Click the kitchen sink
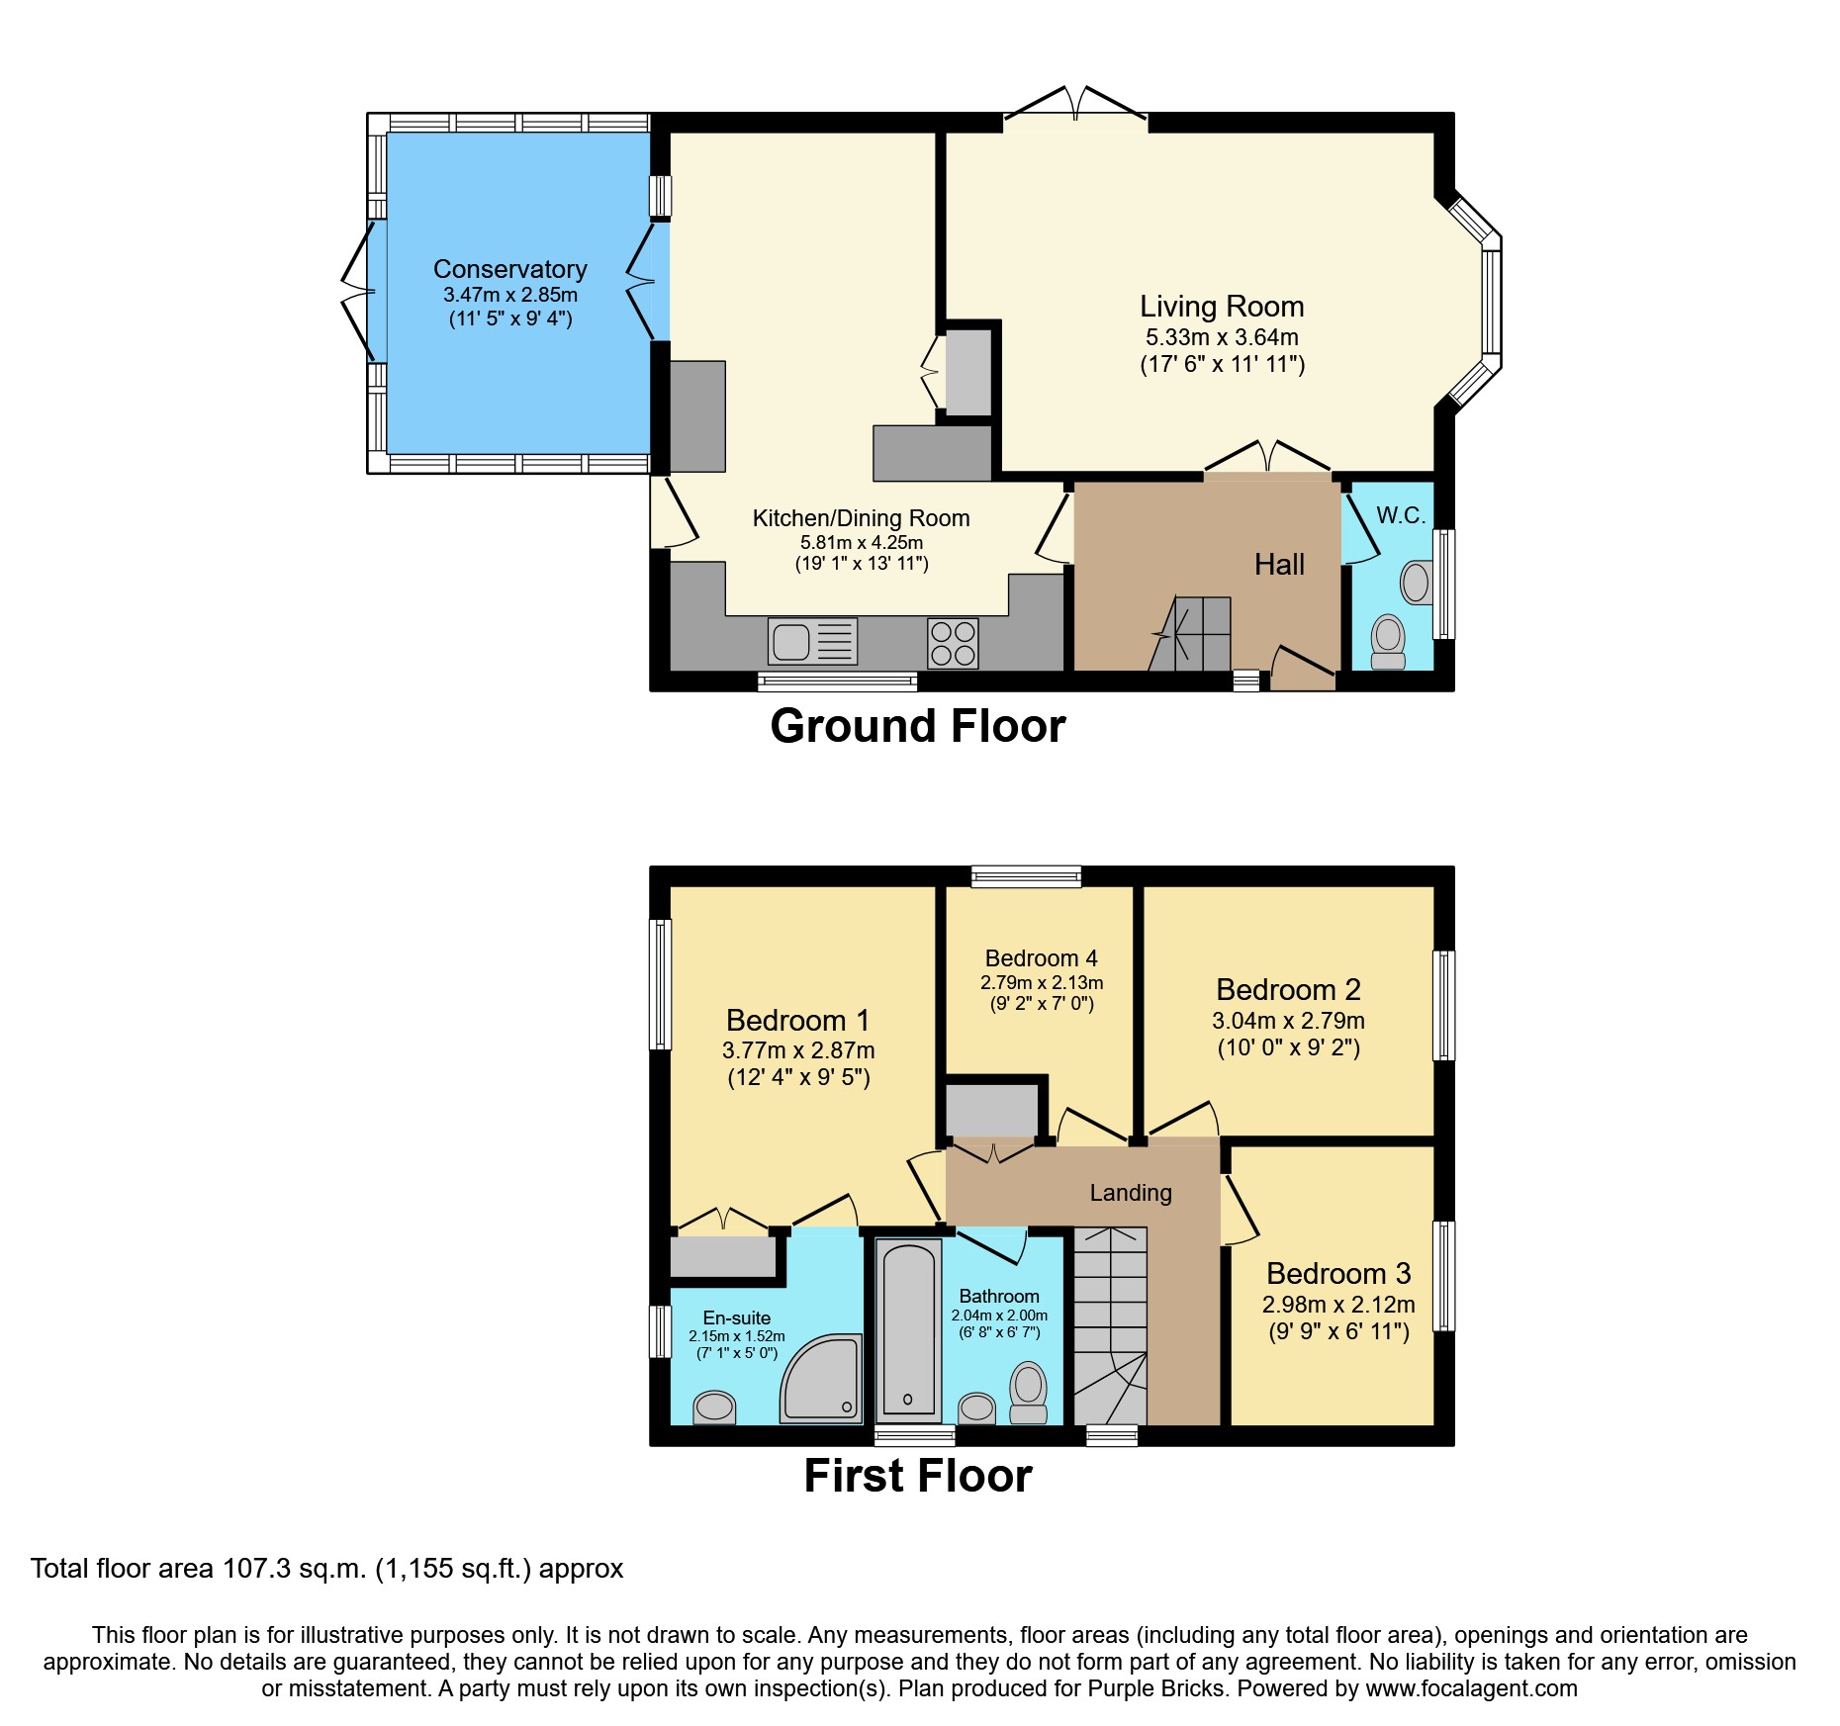click(x=811, y=642)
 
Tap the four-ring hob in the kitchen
click(x=953, y=643)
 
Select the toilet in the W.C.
click(x=1389, y=641)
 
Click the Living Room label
click(x=1222, y=307)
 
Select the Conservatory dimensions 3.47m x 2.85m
click(x=510, y=295)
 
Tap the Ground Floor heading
click(x=917, y=726)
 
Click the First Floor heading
click(x=917, y=1476)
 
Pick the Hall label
click(x=1279, y=565)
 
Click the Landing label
click(x=1131, y=1193)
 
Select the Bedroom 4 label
click(x=1041, y=958)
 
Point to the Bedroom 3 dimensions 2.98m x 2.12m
click(x=1337, y=1305)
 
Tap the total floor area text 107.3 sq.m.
click(x=326, y=1569)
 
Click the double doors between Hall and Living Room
click(x=1267, y=459)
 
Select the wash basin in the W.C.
click(x=1416, y=583)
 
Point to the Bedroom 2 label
click(x=1288, y=990)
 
